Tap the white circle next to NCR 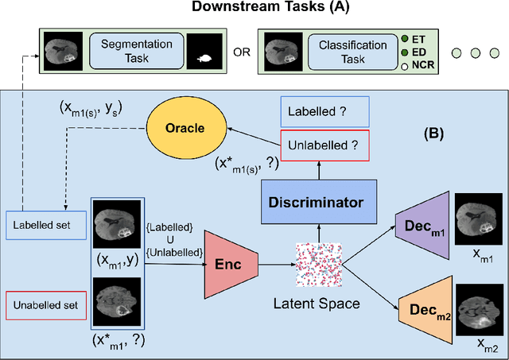coord(406,67)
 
